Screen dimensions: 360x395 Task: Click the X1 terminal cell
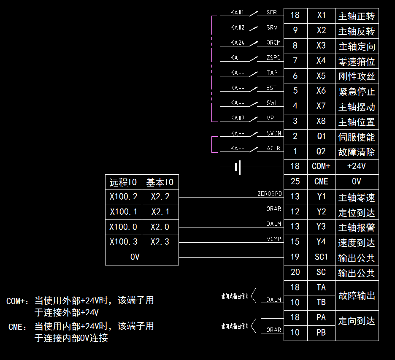point(321,16)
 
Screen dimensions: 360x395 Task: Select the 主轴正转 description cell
point(357,16)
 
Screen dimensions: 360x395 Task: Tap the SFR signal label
point(272,12)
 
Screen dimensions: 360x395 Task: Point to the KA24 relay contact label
point(238,43)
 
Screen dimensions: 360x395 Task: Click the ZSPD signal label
point(273,58)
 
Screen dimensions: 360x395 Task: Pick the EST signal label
point(272,88)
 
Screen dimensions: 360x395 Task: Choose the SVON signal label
point(273,133)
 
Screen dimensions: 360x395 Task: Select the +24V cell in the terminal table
point(357,166)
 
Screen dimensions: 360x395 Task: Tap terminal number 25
point(295,181)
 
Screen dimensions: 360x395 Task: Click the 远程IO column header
point(123,182)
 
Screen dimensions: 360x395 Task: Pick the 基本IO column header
point(160,182)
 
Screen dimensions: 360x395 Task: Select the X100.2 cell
point(123,197)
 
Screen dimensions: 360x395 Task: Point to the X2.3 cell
point(160,242)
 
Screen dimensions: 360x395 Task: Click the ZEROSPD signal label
point(270,194)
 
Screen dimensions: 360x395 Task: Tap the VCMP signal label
point(273,239)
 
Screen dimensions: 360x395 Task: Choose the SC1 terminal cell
point(321,257)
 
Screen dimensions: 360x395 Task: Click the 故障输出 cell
point(357,295)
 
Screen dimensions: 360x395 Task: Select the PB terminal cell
point(321,333)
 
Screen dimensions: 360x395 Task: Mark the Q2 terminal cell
point(321,152)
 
